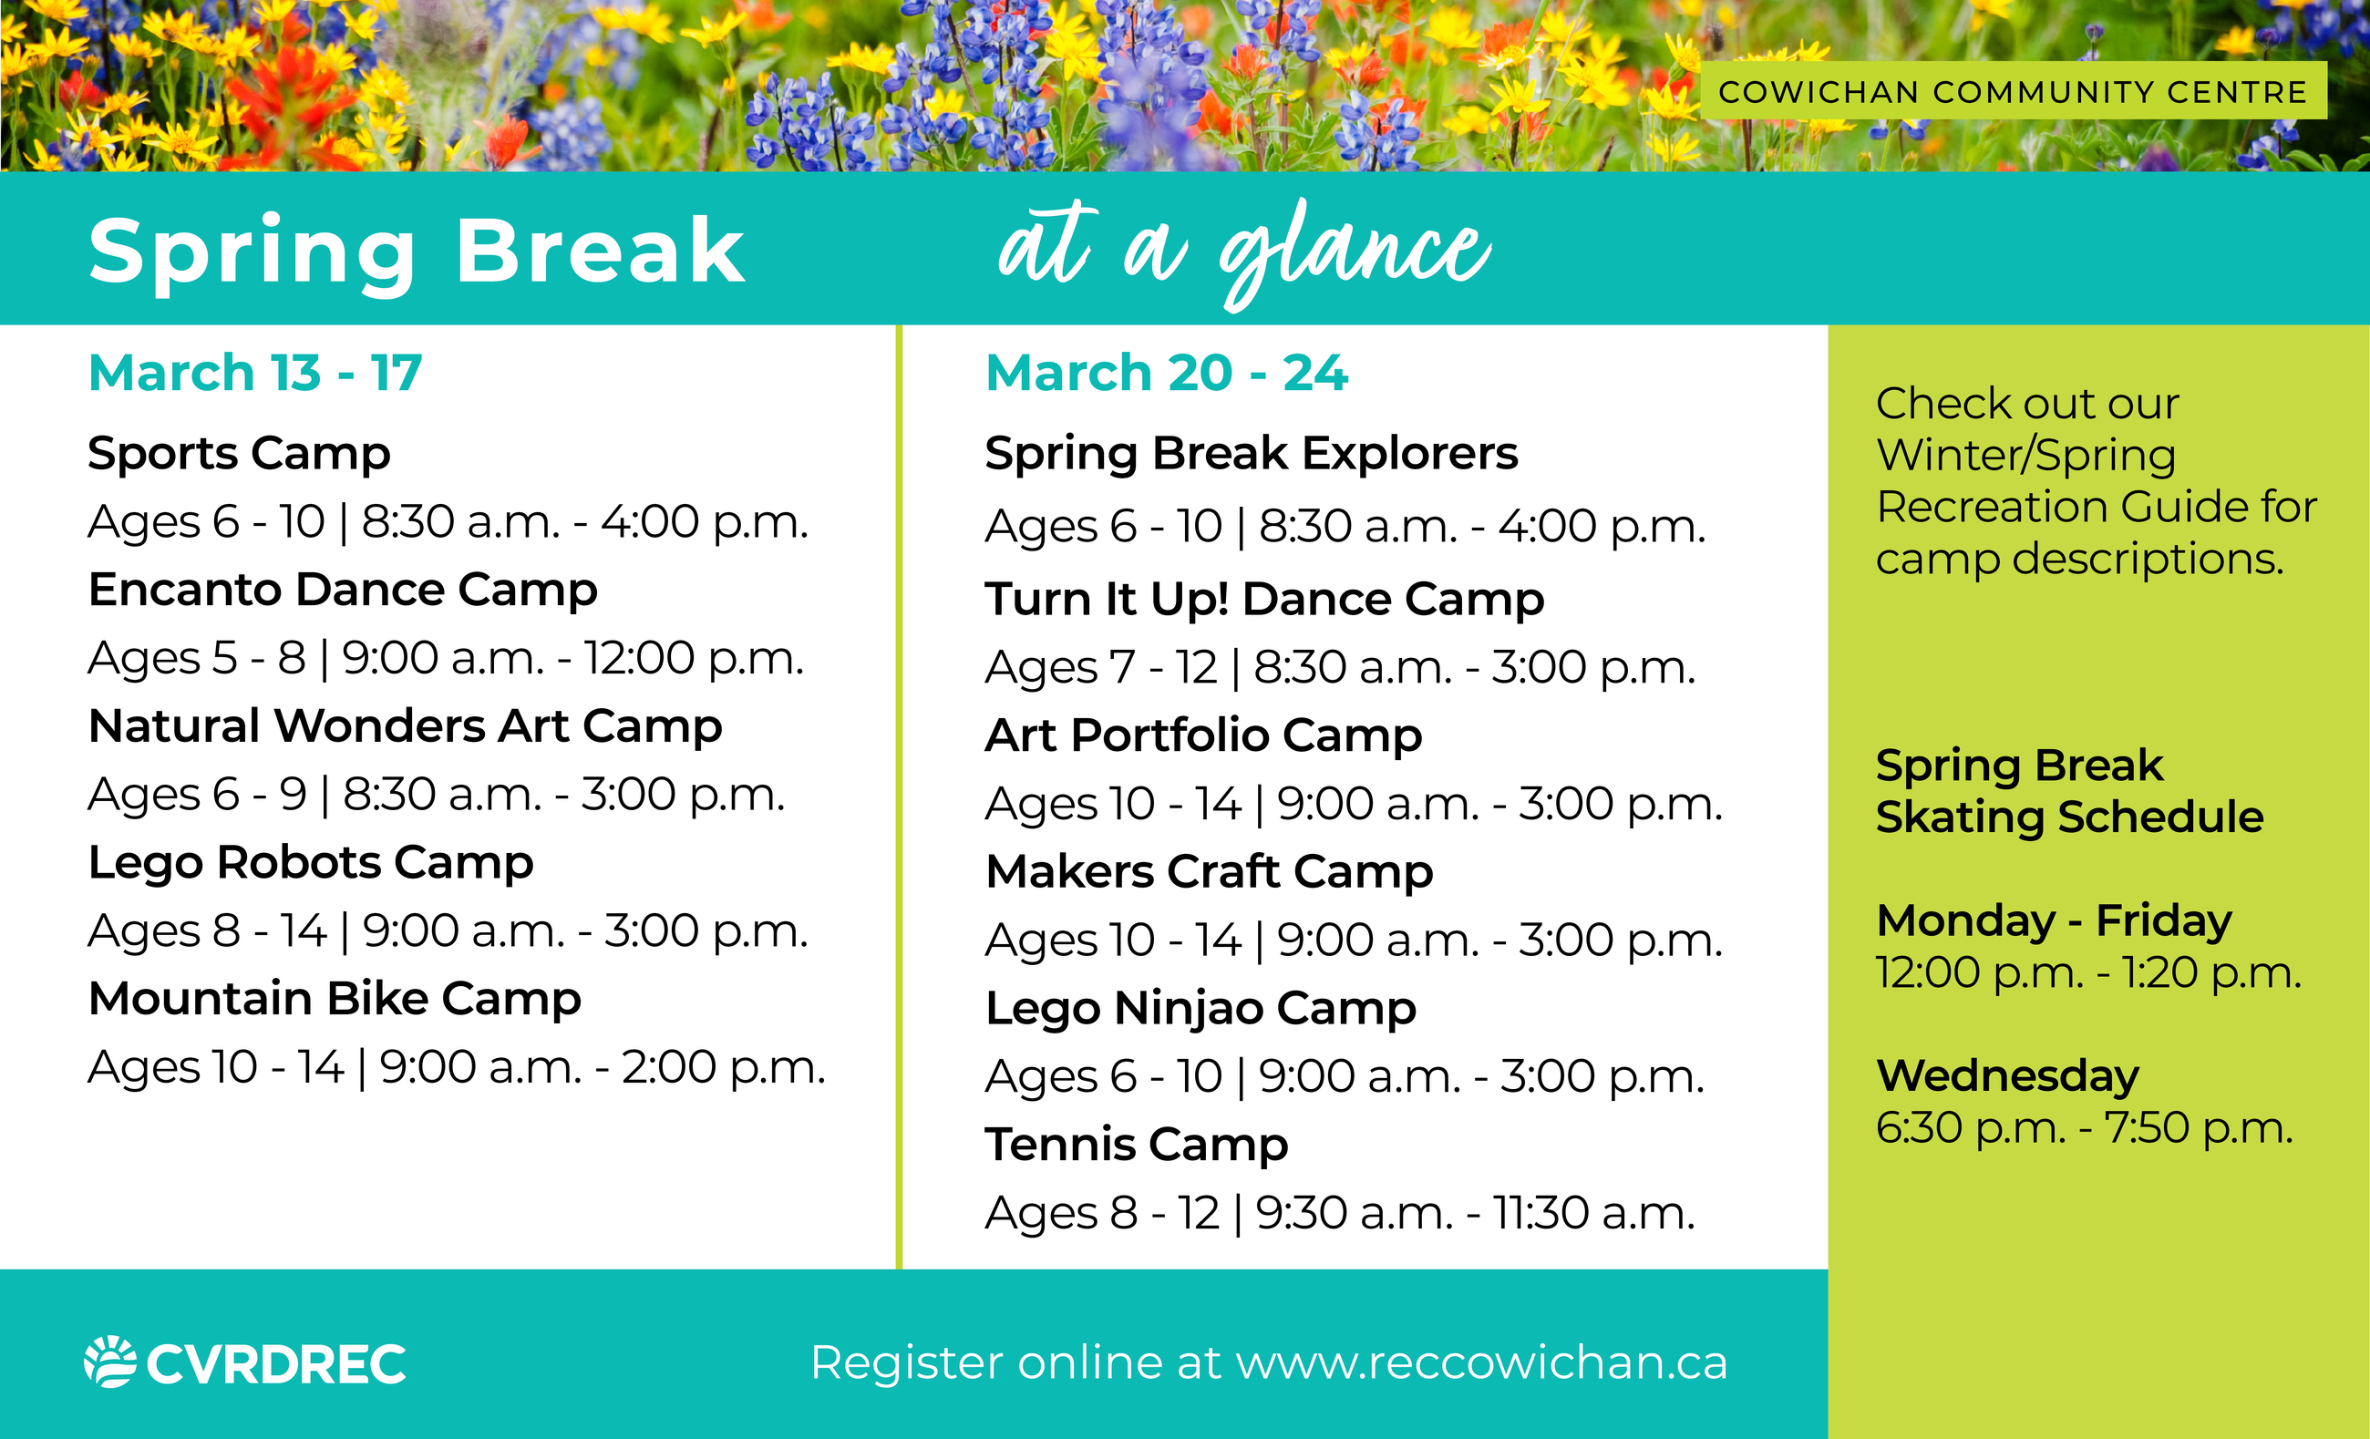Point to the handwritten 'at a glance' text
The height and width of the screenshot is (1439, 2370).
[x=1244, y=252]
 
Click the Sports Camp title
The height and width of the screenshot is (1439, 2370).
[x=240, y=454]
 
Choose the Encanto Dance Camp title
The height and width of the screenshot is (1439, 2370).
[x=343, y=590]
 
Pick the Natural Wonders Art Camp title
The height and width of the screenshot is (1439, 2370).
[x=405, y=726]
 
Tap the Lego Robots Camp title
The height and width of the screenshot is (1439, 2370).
[x=311, y=863]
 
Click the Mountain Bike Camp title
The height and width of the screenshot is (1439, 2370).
[x=335, y=1000]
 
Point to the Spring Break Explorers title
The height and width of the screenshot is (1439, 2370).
[x=1252, y=454]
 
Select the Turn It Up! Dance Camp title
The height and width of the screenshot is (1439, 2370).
[x=1265, y=600]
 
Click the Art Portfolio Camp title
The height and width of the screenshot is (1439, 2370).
[x=1204, y=735]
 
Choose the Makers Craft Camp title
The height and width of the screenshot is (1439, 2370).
[x=1210, y=872]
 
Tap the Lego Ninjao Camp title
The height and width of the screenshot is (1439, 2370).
[x=1201, y=1009]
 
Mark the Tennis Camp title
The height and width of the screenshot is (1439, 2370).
[x=1137, y=1146]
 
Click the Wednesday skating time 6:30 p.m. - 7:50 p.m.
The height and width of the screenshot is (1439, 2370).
[x=2085, y=1127]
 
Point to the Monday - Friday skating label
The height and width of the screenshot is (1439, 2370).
[x=2055, y=920]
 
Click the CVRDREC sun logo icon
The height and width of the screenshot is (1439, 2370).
[x=109, y=1362]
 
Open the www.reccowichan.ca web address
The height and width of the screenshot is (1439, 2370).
[x=1481, y=1363]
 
